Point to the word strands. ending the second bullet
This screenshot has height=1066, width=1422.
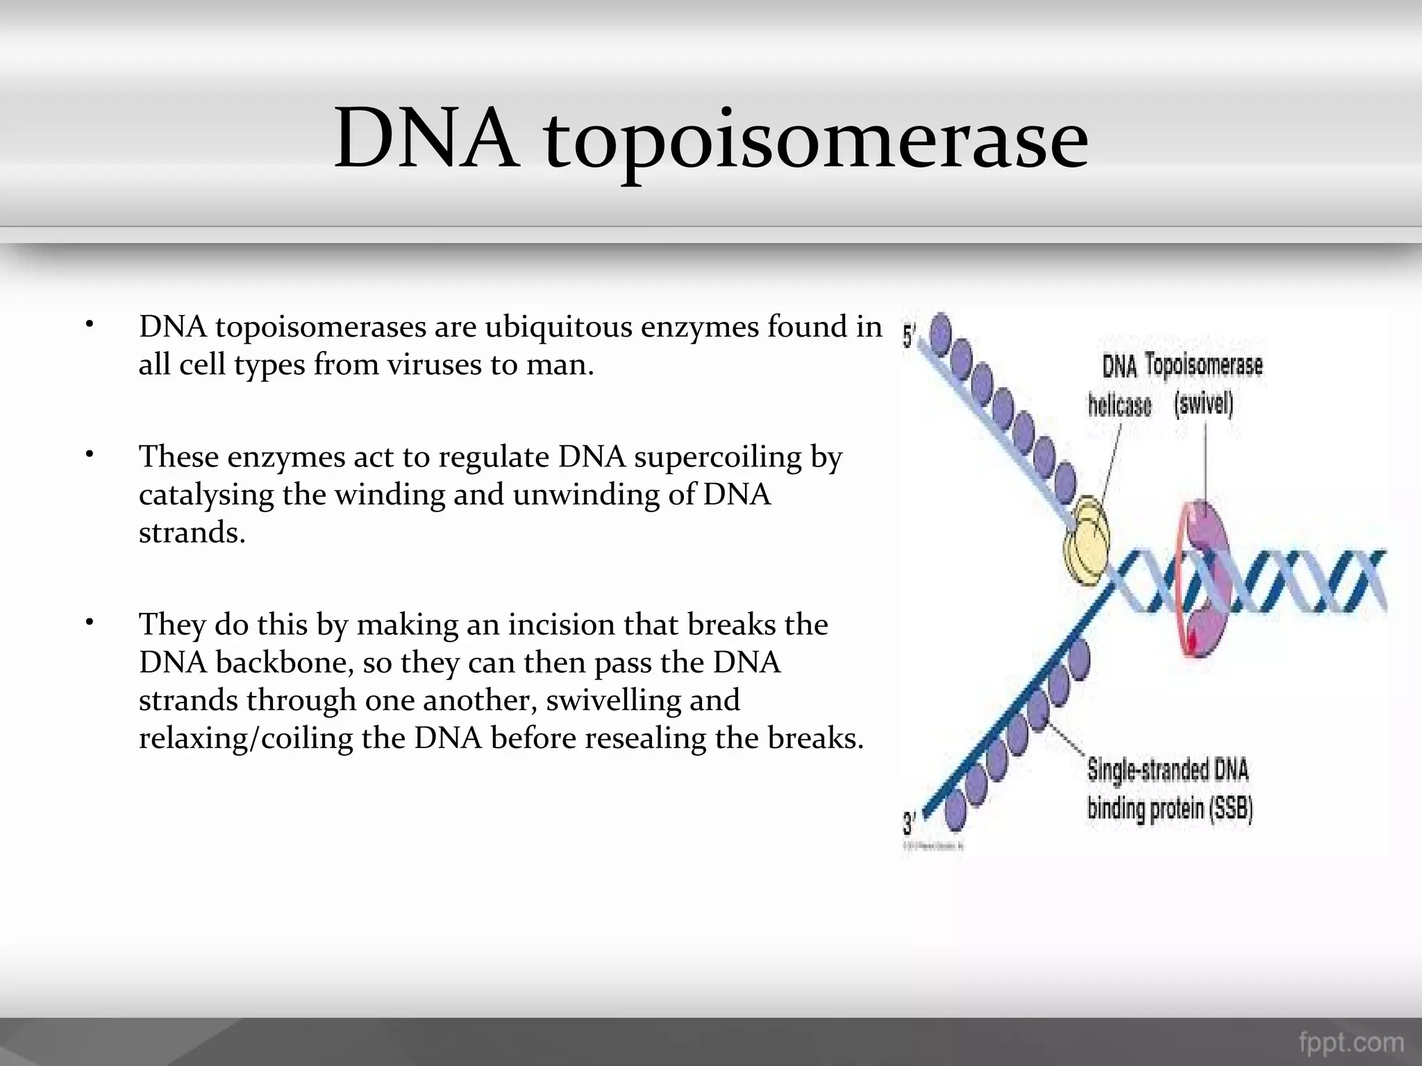coord(192,533)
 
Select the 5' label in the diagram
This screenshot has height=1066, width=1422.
coord(910,337)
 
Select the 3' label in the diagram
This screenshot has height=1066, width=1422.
coord(910,824)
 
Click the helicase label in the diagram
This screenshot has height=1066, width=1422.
coord(1119,405)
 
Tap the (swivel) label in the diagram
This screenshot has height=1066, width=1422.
coord(1203,403)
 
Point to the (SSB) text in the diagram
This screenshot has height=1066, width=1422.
coord(1231,809)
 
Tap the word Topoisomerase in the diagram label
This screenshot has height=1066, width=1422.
coord(1203,365)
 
